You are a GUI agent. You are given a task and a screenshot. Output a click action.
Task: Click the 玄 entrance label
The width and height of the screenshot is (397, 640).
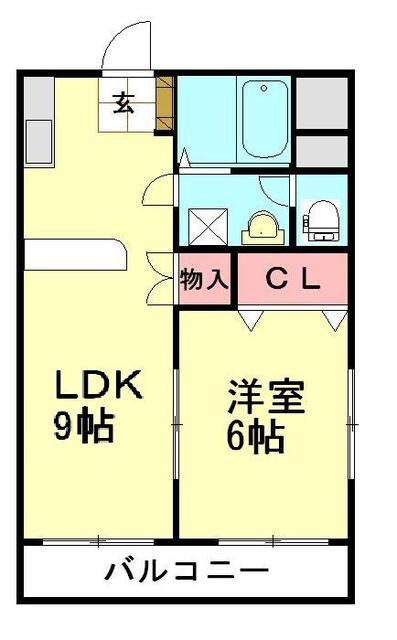pyautogui.click(x=124, y=102)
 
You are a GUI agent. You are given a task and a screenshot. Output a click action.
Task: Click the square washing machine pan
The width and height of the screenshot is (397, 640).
pyautogui.click(x=207, y=222)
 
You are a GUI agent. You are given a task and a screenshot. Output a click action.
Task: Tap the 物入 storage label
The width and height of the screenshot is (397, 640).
pyautogui.click(x=205, y=280)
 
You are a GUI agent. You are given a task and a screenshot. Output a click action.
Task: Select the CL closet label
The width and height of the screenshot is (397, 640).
pyautogui.click(x=292, y=280)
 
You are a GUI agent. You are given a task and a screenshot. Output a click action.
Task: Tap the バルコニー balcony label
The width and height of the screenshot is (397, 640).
pyautogui.click(x=187, y=573)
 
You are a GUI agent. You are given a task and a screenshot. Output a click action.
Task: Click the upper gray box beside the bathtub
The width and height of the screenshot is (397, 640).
pyautogui.click(x=321, y=99)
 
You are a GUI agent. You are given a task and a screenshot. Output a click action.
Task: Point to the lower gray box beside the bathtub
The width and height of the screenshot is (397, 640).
pyautogui.click(x=321, y=149)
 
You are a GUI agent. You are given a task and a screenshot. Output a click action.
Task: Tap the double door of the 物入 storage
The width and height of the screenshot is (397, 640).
pyautogui.click(x=160, y=277)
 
